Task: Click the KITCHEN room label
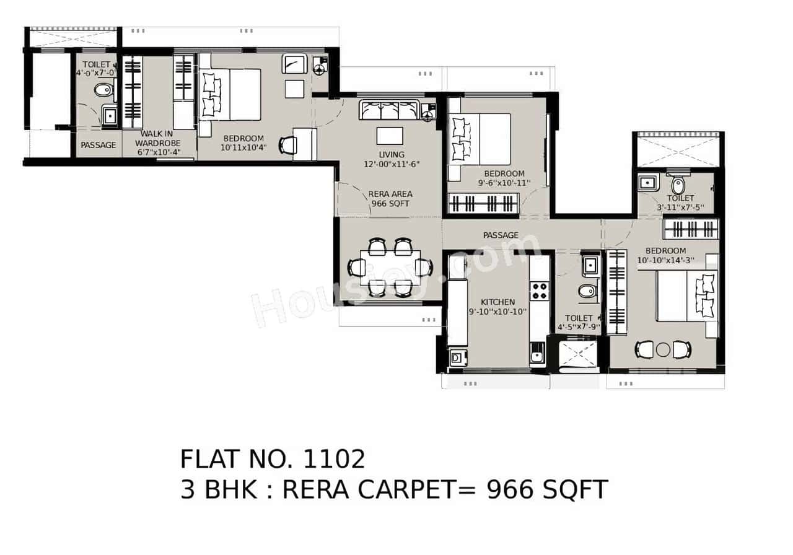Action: pos(497,302)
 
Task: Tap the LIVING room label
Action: pos(392,155)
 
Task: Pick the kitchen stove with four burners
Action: pos(540,291)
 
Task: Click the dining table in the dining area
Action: pos(390,268)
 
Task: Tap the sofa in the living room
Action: pos(389,110)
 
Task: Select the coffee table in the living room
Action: pos(390,136)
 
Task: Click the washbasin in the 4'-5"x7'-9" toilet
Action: pos(590,266)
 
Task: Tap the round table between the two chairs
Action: pos(663,349)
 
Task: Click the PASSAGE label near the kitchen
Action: pos(501,235)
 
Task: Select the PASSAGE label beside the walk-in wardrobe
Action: pos(98,145)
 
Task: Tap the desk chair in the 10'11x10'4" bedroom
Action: pos(288,145)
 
